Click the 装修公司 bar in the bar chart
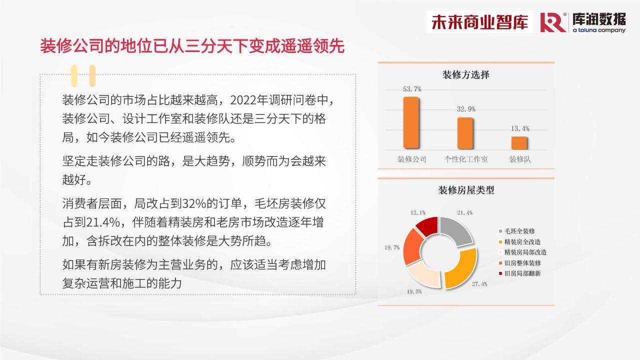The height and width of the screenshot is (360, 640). point(411,122)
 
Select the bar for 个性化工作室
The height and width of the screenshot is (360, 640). point(465,133)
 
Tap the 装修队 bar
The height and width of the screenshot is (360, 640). point(519,143)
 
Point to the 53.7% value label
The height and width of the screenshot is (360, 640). point(412,89)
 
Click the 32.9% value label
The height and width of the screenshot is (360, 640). point(466,109)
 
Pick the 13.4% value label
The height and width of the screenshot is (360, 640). point(520,128)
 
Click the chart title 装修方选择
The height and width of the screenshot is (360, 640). point(466,75)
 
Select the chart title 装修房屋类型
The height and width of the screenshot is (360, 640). point(466,190)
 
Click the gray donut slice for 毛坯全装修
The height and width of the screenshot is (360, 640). point(456,231)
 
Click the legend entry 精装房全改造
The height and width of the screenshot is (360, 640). point(519,242)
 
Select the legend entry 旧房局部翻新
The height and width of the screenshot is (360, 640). point(519,273)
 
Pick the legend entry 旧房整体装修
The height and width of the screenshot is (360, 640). point(519,263)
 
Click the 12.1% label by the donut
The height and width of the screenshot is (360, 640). point(418,212)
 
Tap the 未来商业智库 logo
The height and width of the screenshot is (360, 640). point(479,22)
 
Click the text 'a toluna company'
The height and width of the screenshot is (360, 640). point(599,30)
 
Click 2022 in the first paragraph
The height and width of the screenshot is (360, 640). point(243,100)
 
